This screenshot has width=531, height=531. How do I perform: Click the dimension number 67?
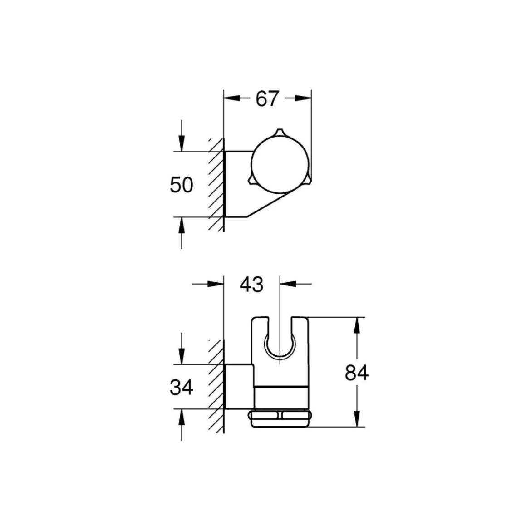tap(267, 99)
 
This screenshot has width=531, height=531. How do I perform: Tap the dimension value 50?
tap(181, 185)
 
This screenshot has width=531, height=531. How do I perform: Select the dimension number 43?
tap(251, 285)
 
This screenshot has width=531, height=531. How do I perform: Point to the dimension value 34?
tap(181, 388)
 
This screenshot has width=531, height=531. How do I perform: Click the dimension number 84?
tap(356, 373)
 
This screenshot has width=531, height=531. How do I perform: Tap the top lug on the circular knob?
tap(280, 133)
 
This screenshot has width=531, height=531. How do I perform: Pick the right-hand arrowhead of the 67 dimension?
tap(303, 98)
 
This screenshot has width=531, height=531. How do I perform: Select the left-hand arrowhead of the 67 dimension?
tap(232, 98)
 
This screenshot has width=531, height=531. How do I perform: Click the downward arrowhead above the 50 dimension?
tap(182, 143)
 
